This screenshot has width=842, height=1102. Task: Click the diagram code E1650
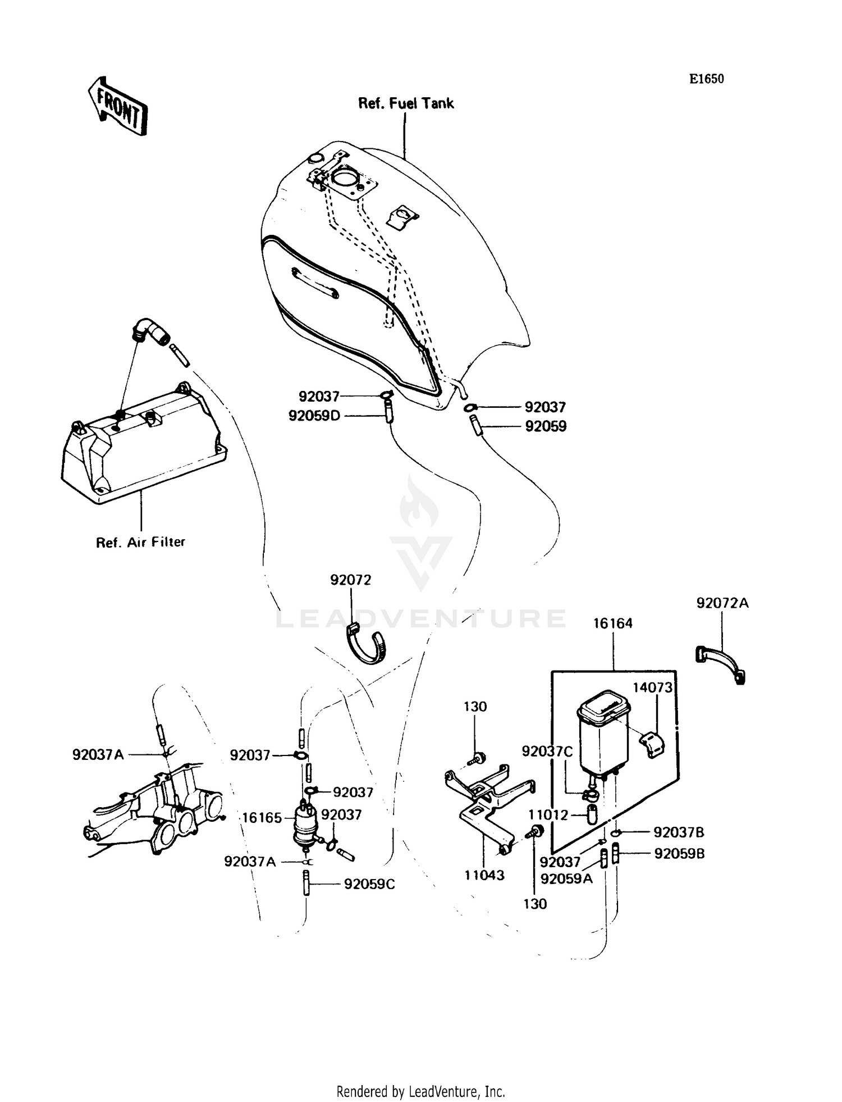(x=707, y=79)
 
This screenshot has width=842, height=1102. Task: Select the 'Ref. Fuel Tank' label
(x=406, y=103)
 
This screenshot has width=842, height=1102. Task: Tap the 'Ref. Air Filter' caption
(x=140, y=542)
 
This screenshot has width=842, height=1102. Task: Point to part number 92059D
(x=314, y=416)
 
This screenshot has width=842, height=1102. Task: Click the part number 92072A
(x=722, y=603)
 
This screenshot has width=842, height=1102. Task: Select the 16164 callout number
(x=613, y=623)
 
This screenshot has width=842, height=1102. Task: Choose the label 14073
(x=652, y=687)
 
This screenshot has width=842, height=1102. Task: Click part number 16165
(x=262, y=817)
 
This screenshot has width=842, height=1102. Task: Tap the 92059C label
(x=369, y=884)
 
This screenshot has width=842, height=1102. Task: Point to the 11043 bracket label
(x=484, y=875)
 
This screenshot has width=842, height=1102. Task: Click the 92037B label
(x=679, y=832)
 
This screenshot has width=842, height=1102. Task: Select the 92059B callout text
(x=679, y=854)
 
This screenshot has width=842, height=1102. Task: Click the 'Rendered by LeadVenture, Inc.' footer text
(x=420, y=1091)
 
